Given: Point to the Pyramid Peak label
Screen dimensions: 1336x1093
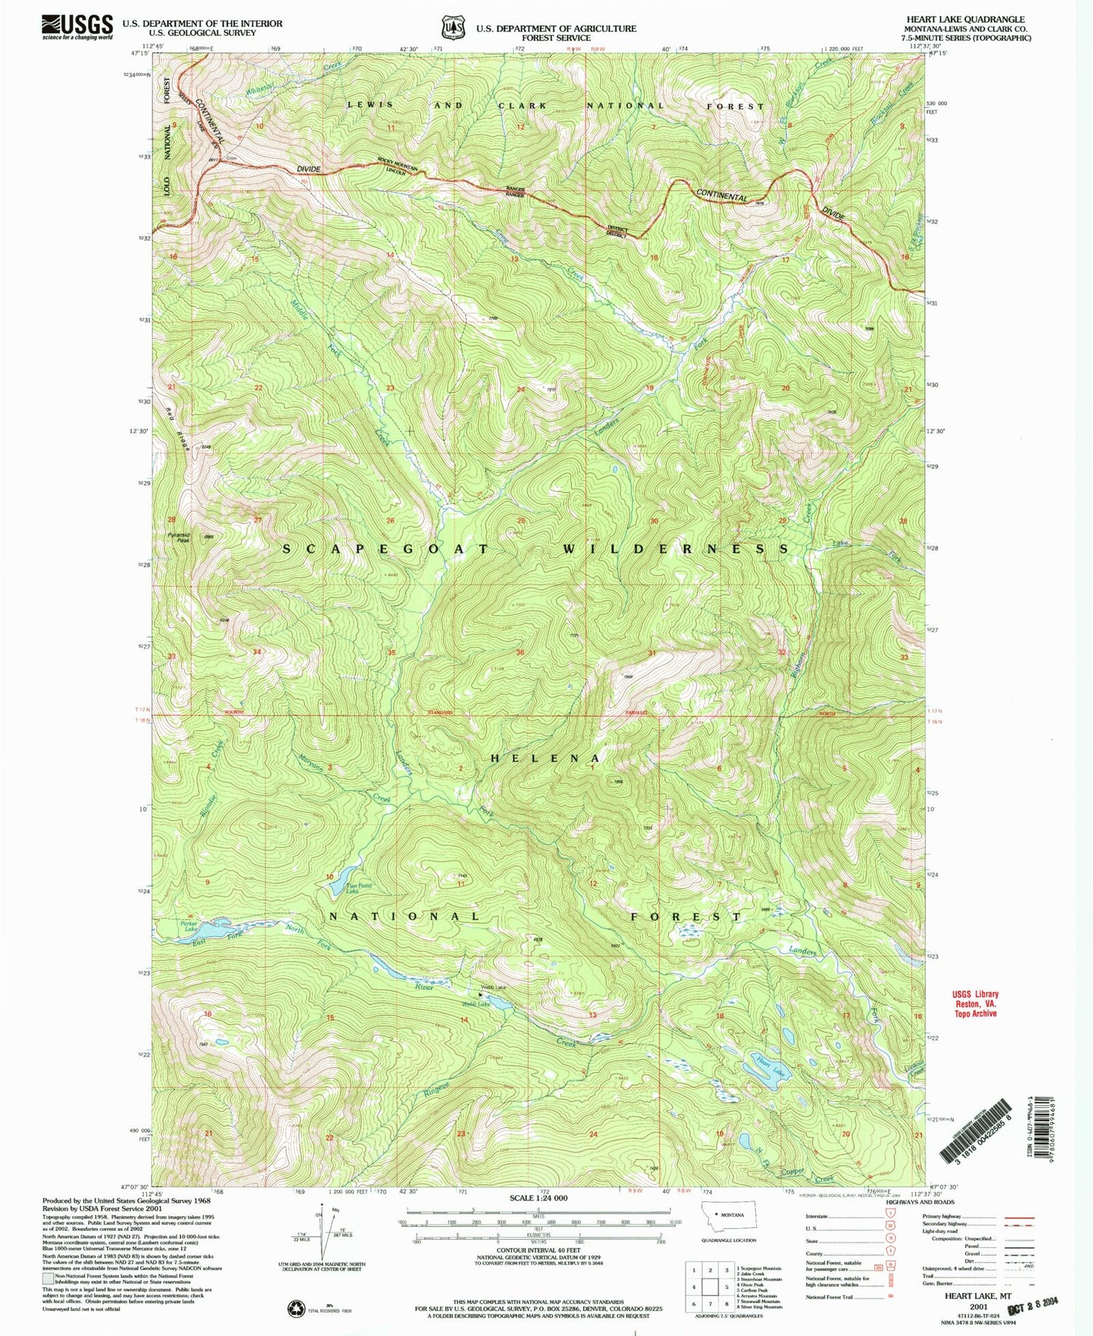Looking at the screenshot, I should (179, 537).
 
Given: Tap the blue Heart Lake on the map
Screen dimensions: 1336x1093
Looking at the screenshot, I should (761, 1069).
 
